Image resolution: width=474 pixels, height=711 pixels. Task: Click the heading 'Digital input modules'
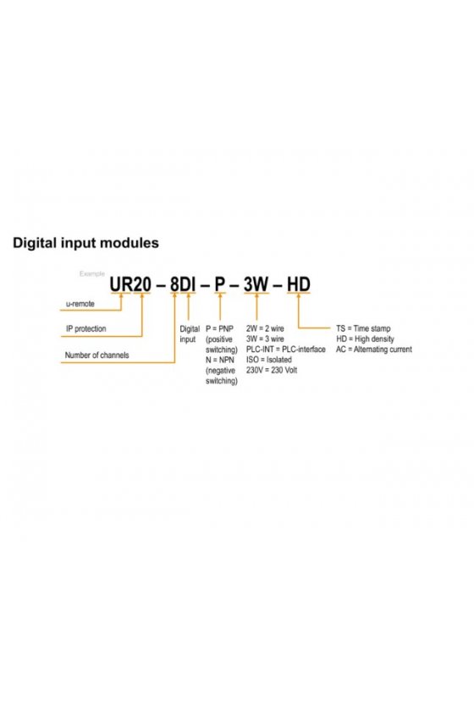point(85,243)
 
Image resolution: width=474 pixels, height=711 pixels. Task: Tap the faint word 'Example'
point(92,273)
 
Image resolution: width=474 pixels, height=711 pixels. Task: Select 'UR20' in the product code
point(130,284)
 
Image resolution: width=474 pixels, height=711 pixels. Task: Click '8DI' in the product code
point(182,284)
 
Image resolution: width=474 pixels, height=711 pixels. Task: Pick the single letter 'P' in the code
point(220,284)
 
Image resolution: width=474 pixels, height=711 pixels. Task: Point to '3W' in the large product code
point(256,284)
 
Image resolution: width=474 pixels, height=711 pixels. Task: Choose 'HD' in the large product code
point(299,284)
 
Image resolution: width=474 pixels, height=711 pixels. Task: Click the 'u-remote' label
point(80,304)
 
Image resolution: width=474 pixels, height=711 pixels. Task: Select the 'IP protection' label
point(86,328)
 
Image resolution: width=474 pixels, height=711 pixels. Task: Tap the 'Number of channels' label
point(96,355)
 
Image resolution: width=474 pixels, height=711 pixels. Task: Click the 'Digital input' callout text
point(189,333)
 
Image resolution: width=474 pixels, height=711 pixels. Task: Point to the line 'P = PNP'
point(219,328)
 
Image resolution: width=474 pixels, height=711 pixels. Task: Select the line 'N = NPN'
point(220,360)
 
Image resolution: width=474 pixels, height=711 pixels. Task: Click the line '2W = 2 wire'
point(265,328)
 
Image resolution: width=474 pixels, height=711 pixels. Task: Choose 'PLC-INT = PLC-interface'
point(286,349)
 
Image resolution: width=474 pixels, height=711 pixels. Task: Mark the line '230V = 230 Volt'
point(272,370)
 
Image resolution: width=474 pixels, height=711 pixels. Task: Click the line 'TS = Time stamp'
point(363,328)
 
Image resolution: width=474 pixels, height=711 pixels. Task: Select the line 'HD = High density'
point(365,339)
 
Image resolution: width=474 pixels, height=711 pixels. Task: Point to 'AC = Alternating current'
point(374,349)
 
